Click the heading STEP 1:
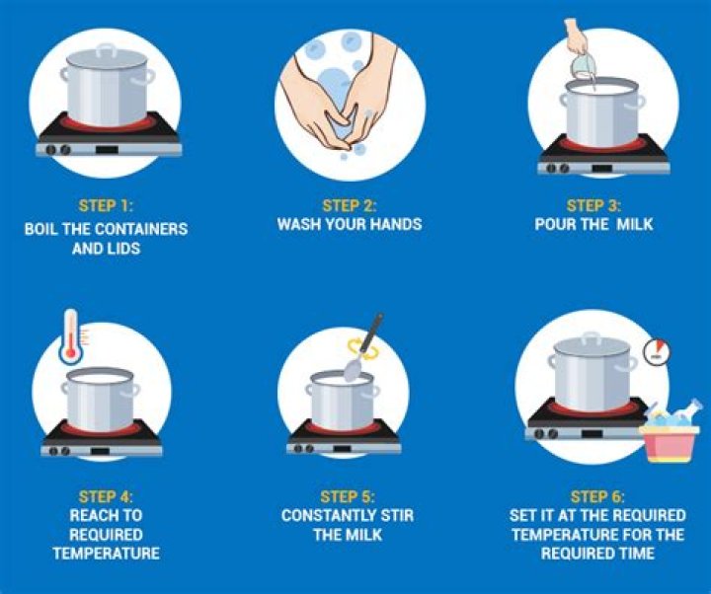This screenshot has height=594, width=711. tap(106, 205)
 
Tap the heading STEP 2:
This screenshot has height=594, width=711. tap(350, 205)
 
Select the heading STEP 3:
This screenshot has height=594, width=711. tap(593, 205)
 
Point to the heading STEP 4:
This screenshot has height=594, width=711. tap(106, 496)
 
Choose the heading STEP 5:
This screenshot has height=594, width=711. tap(348, 496)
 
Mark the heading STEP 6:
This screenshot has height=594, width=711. tap(597, 496)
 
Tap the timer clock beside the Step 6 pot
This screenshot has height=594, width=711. tap(657, 351)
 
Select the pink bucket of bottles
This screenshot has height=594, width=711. tap(670, 435)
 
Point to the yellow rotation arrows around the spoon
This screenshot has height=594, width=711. tap(362, 349)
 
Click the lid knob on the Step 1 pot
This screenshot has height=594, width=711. tap(107, 50)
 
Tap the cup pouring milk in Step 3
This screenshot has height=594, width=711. tap(584, 66)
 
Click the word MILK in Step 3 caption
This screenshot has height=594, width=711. tap(634, 224)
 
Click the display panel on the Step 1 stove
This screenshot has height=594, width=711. tap(107, 150)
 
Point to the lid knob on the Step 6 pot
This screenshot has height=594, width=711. tap(592, 337)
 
